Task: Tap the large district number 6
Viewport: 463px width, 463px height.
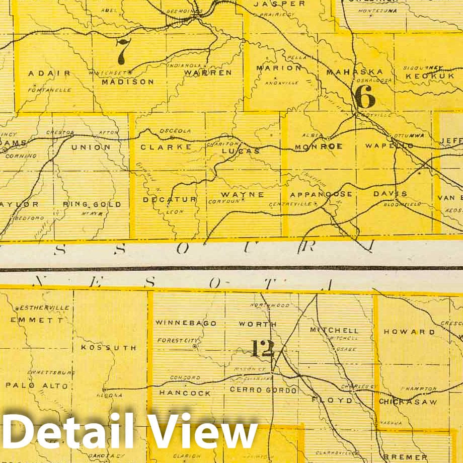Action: pyautogui.click(x=365, y=97)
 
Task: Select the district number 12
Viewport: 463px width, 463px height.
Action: pyautogui.click(x=262, y=348)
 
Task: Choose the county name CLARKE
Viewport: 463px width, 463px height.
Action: pyautogui.click(x=166, y=147)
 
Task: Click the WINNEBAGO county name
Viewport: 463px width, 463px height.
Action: pyautogui.click(x=186, y=323)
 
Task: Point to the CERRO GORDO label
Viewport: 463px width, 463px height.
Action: pyautogui.click(x=263, y=390)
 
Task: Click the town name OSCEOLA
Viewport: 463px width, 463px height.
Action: pyautogui.click(x=176, y=131)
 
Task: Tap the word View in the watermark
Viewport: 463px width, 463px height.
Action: pyautogui.click(x=203, y=432)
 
